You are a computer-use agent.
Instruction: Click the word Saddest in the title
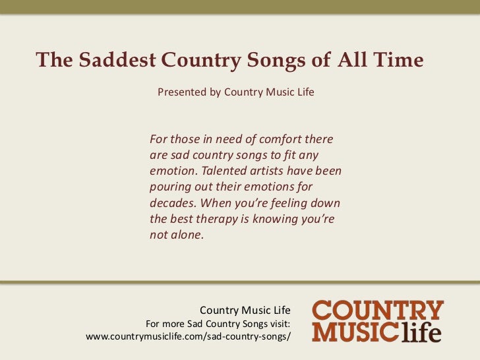[x=115, y=60]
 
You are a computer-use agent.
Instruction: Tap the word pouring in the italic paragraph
[x=170, y=187]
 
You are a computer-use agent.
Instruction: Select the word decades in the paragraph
[x=173, y=203]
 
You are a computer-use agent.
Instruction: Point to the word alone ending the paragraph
[x=187, y=235]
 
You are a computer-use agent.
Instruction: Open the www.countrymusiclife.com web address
[x=188, y=337]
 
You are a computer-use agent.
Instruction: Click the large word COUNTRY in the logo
[x=378, y=311]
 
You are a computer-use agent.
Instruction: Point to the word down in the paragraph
[x=325, y=203]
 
